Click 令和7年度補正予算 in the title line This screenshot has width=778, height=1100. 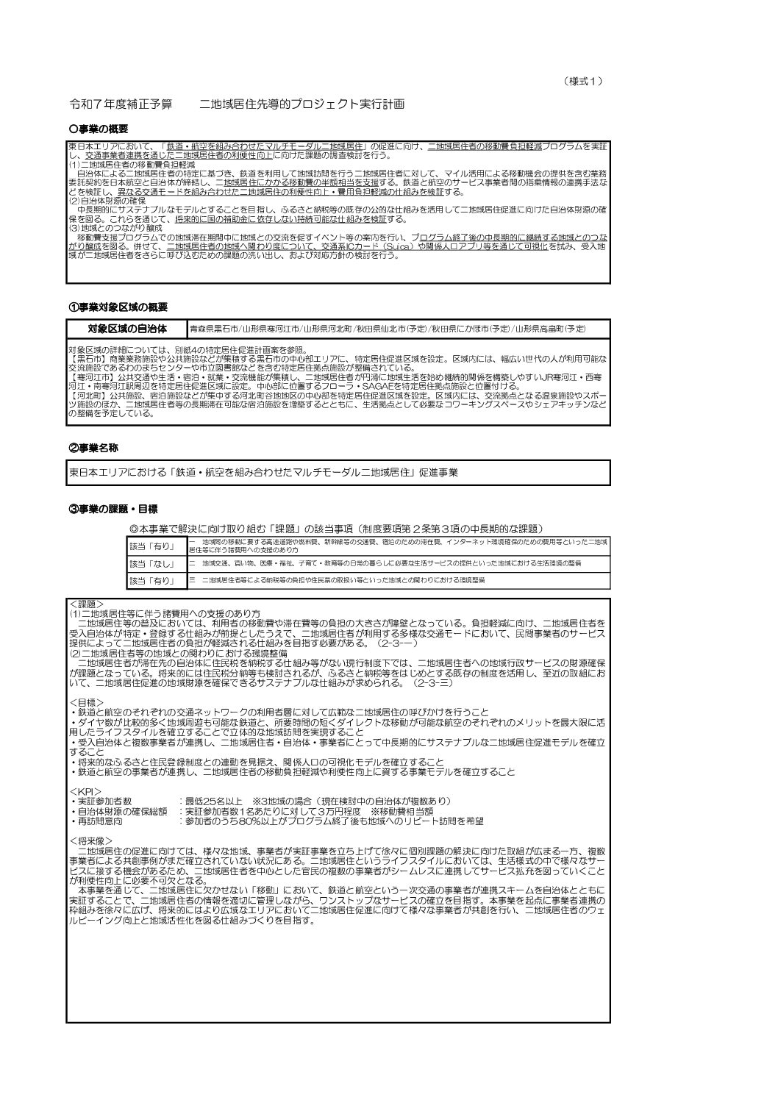[x=120, y=105]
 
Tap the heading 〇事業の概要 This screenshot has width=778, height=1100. [x=99, y=129]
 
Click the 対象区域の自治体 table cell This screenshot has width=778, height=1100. [x=127, y=328]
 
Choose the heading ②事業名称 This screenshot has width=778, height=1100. [x=94, y=447]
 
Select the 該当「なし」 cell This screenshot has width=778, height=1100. [x=151, y=564]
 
